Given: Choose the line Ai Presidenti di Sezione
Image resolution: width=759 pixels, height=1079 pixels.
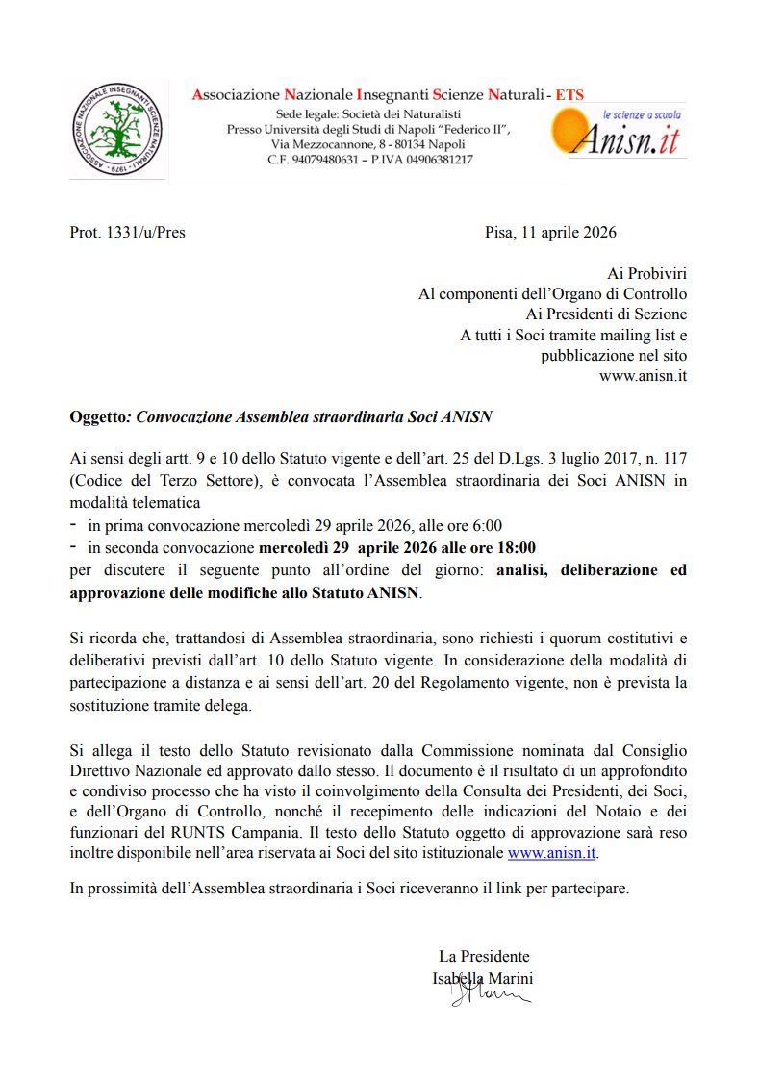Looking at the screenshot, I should pos(606,314).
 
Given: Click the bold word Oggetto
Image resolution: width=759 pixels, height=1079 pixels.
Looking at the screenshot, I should pos(98,416).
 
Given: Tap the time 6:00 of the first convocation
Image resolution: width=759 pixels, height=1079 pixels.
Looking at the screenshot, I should pos(487,525).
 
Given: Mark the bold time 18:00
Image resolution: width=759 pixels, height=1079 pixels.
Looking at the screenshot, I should pos(515,547).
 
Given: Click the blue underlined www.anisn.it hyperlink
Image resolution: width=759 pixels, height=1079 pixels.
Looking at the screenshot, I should pos(551,852).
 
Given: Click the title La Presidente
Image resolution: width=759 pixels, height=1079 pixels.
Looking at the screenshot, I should pos(484,956).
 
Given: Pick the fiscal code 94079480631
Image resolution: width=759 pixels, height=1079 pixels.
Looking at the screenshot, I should pos(324,160).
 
